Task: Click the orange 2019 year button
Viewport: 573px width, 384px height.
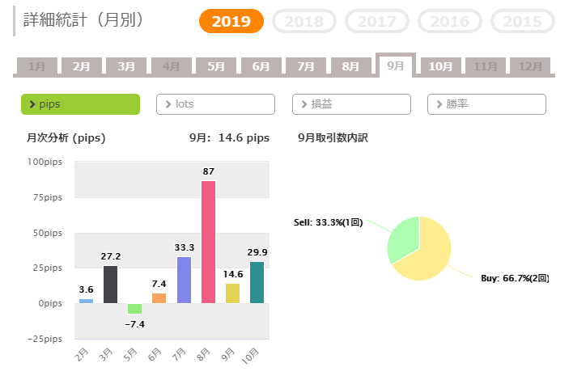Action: point(231,22)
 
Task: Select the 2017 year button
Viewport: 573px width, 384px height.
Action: point(376,22)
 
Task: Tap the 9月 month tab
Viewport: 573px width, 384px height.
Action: point(396,65)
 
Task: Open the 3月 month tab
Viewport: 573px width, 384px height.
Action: point(125,66)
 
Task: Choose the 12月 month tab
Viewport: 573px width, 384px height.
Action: point(530,66)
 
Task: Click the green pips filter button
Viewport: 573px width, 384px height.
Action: point(80,104)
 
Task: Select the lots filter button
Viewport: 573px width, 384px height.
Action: point(215,104)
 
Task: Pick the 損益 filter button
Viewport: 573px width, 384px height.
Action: point(351,104)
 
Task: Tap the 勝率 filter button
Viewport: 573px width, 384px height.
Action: point(486,104)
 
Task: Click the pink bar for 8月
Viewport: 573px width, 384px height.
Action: point(208,242)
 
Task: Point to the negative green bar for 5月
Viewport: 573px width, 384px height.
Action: point(134,308)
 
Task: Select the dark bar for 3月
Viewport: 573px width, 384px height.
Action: point(110,285)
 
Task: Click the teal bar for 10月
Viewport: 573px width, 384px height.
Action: point(257,282)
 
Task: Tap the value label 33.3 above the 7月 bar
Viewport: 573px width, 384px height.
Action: point(184,247)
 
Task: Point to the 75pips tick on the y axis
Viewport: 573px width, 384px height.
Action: point(47,197)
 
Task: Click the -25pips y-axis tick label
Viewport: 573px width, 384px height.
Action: point(45,338)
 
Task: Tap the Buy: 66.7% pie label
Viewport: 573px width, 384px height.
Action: point(515,279)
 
